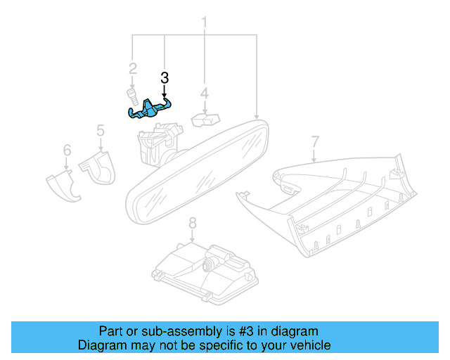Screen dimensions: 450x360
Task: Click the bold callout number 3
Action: coord(165,78)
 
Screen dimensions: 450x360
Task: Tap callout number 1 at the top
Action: coord(204,22)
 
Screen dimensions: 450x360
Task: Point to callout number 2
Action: coord(133,69)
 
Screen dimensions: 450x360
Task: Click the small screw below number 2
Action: coord(133,97)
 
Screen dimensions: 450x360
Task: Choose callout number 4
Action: coord(205,94)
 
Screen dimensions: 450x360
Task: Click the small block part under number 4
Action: coord(205,120)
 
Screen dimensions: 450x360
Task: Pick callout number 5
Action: coord(101,131)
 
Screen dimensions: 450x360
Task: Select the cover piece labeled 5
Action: coord(98,168)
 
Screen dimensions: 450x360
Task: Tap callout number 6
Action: coord(67,150)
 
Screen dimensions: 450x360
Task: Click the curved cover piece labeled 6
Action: coord(63,186)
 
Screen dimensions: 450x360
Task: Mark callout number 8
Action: coord(193,223)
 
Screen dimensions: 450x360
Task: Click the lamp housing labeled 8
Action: coord(205,274)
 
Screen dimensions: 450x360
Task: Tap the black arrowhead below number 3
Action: coord(164,95)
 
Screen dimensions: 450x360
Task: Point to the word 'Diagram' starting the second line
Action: coord(102,345)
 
